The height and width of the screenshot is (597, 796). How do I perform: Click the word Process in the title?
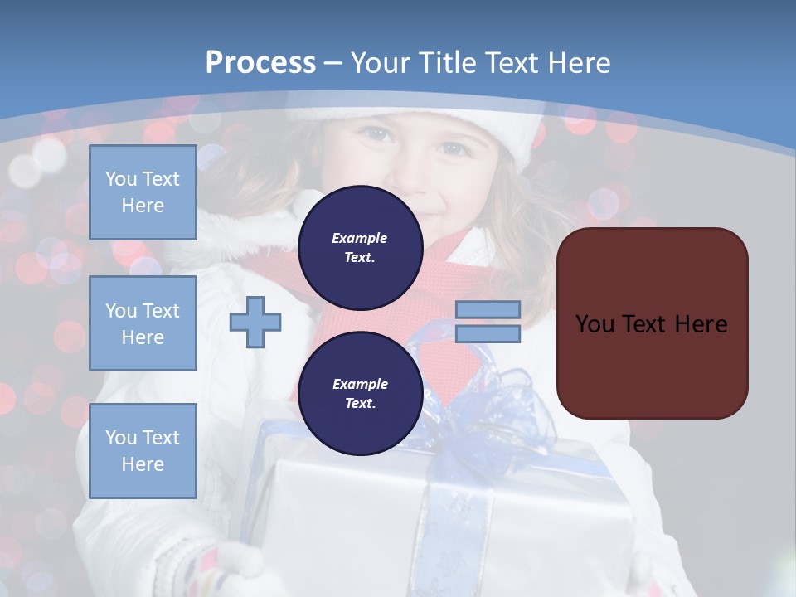260,63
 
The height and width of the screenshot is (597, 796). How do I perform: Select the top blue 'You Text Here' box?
143,192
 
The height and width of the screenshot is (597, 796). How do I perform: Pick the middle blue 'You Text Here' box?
143,323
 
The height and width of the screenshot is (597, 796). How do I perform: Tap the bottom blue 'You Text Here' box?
143,450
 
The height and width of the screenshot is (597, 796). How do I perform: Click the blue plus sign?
255,321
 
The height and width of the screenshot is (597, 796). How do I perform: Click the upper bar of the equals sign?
488,310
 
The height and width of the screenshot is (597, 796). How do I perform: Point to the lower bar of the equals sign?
488,333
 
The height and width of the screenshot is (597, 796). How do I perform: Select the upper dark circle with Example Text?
360,248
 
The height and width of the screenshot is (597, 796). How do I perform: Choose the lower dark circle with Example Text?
360,394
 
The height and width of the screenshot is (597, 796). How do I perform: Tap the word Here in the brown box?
701,324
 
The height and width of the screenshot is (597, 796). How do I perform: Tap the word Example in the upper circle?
360,238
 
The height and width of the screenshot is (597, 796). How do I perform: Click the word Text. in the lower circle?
360,404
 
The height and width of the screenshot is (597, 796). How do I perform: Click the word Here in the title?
580,63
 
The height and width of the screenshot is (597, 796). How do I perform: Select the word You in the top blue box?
121,179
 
